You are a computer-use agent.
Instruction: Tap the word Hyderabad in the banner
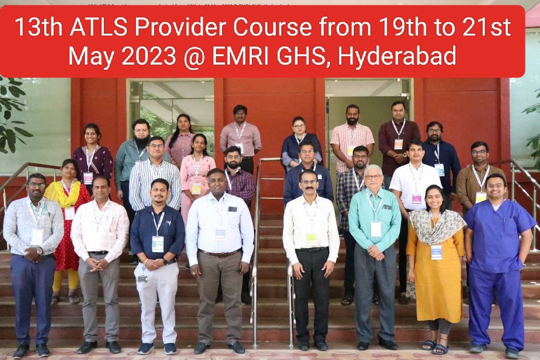397,56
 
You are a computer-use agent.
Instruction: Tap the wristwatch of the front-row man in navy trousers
40,251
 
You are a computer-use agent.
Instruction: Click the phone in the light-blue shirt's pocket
232,209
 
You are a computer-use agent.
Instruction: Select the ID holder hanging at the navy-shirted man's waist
143,278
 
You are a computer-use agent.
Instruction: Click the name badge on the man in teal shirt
375,229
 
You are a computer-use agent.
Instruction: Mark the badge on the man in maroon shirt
399,144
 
